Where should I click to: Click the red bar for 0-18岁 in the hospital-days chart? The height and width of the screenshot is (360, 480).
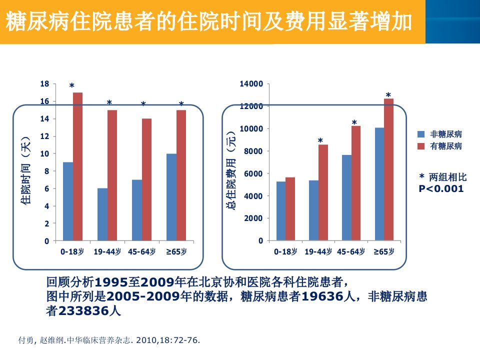point(78,166)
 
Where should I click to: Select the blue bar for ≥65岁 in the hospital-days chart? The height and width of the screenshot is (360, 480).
point(171,197)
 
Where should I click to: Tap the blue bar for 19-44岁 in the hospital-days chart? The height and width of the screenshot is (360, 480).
point(102,214)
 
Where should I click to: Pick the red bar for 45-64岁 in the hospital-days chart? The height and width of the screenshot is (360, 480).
point(146,179)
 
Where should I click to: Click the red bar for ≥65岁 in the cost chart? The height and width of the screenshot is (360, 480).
point(389,169)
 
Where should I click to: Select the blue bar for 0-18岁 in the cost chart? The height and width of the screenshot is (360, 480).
point(281,211)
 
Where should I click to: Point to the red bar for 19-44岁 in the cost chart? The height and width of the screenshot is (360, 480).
point(323,192)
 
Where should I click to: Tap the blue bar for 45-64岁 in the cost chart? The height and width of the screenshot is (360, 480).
point(347,198)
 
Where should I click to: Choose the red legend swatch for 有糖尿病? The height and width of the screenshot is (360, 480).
point(421,146)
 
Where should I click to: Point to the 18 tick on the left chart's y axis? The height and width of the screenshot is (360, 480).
point(44,83)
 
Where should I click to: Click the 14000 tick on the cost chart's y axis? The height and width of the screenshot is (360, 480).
point(251,83)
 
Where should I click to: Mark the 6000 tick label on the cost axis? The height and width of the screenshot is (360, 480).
point(253,173)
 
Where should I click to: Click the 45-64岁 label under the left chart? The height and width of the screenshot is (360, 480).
point(141,251)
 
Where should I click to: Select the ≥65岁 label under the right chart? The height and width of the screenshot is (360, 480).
point(384,251)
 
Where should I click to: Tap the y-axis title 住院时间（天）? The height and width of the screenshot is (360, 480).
point(25,170)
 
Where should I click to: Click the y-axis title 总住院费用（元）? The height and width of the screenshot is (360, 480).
point(231,170)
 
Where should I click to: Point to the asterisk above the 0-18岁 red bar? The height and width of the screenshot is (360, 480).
point(72,85)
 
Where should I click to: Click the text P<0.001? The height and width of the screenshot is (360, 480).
point(441,188)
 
